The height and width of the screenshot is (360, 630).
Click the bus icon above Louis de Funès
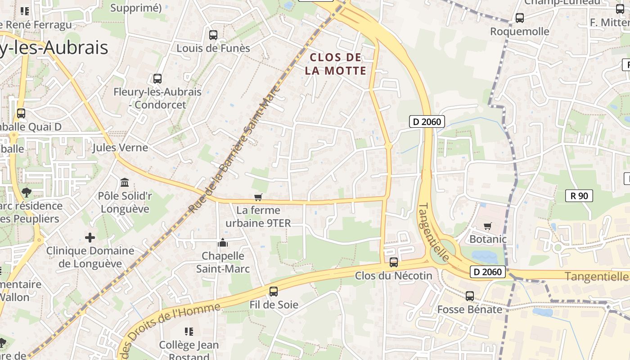tap(213, 35)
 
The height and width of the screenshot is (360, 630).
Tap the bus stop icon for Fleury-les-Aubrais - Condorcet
tap(157, 79)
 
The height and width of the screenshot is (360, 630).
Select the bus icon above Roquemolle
tap(520, 18)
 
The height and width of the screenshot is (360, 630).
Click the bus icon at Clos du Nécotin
tap(394, 262)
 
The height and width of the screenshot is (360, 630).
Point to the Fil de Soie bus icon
tap(273, 292)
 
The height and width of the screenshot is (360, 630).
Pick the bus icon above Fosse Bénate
tap(470, 296)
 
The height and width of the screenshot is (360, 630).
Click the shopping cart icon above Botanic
tap(487, 226)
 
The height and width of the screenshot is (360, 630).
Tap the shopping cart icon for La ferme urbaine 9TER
tap(258, 198)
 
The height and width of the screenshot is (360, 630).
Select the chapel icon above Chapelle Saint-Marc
tap(223, 243)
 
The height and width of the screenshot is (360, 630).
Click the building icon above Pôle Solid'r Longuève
tap(125, 183)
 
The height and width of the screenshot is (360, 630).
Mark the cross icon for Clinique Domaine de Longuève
tap(90, 237)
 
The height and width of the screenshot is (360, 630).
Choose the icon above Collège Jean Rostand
tap(189, 332)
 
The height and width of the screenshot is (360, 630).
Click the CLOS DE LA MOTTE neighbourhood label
tap(336, 64)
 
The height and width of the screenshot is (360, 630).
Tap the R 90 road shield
tap(579, 196)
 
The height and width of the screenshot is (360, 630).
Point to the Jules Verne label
tap(120, 148)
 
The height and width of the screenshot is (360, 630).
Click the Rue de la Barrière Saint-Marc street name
tap(234, 148)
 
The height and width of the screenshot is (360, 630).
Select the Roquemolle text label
tap(520, 31)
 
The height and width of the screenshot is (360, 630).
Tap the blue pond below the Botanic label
tap(484, 257)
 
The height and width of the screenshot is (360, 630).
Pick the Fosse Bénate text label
tap(470, 310)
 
